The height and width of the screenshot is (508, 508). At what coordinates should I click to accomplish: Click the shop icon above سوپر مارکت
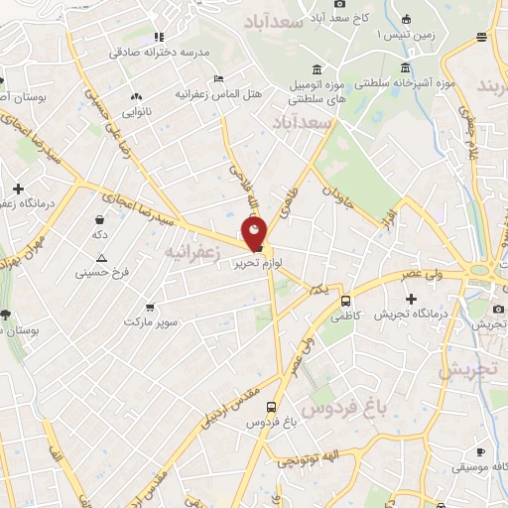(x=150, y=307)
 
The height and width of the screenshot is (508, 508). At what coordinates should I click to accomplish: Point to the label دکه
(x=99, y=236)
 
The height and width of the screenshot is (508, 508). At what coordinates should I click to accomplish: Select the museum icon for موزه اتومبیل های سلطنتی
(x=316, y=69)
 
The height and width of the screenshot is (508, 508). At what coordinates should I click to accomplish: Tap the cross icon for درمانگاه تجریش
(x=411, y=299)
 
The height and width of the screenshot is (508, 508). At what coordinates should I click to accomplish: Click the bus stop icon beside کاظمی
(x=345, y=301)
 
